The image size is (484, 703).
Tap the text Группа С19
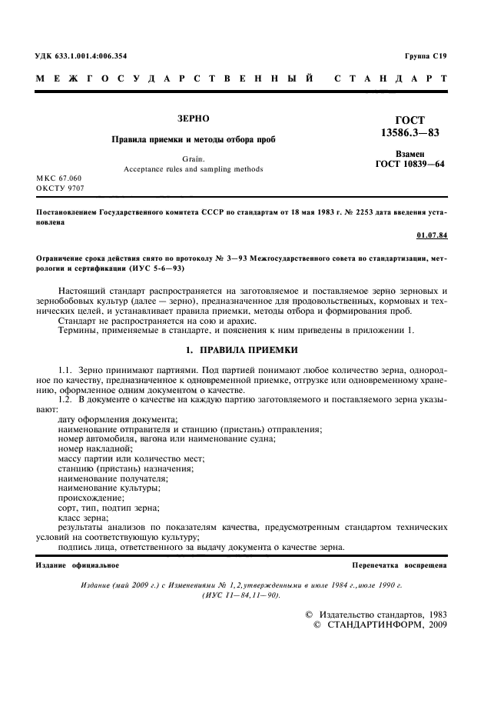426,56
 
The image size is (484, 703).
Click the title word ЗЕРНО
193,119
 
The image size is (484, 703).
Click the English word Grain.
194,158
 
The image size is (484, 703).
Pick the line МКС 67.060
60,178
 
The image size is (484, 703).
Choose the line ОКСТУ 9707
60,188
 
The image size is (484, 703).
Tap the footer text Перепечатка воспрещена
399,565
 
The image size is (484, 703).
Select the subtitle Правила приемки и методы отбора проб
193,139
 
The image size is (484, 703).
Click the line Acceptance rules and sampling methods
194,168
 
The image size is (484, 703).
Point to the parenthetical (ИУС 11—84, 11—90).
241,595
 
